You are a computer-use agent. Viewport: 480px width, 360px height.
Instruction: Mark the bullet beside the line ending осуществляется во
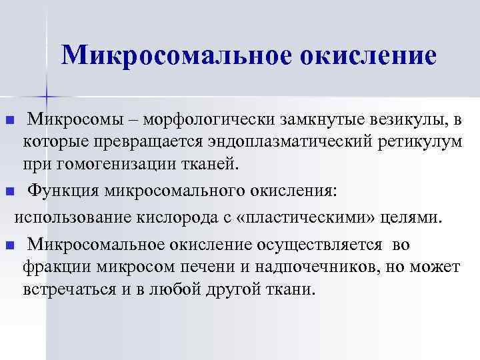[9, 245]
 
